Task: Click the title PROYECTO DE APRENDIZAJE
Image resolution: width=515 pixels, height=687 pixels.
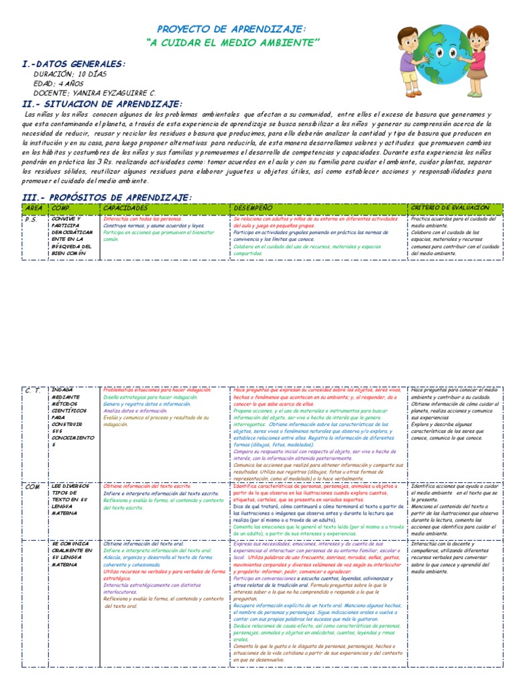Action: pyautogui.click(x=231, y=30)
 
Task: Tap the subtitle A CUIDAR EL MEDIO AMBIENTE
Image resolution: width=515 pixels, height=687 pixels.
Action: pyautogui.click(x=233, y=43)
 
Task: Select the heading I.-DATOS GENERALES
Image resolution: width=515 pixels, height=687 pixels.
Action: pyautogui.click(x=73, y=63)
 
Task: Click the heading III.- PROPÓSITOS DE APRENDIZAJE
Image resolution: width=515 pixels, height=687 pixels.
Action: pyautogui.click(x=107, y=197)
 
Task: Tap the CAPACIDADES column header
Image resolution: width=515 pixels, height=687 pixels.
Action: pyautogui.click(x=126, y=207)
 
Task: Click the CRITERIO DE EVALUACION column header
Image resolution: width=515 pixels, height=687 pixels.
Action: pyautogui.click(x=450, y=207)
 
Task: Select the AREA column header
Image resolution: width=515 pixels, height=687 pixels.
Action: pyautogui.click(x=33, y=207)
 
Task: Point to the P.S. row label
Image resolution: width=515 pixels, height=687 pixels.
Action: pyautogui.click(x=31, y=219)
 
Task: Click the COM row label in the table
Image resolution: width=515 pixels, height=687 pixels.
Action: pyautogui.click(x=32, y=486)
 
